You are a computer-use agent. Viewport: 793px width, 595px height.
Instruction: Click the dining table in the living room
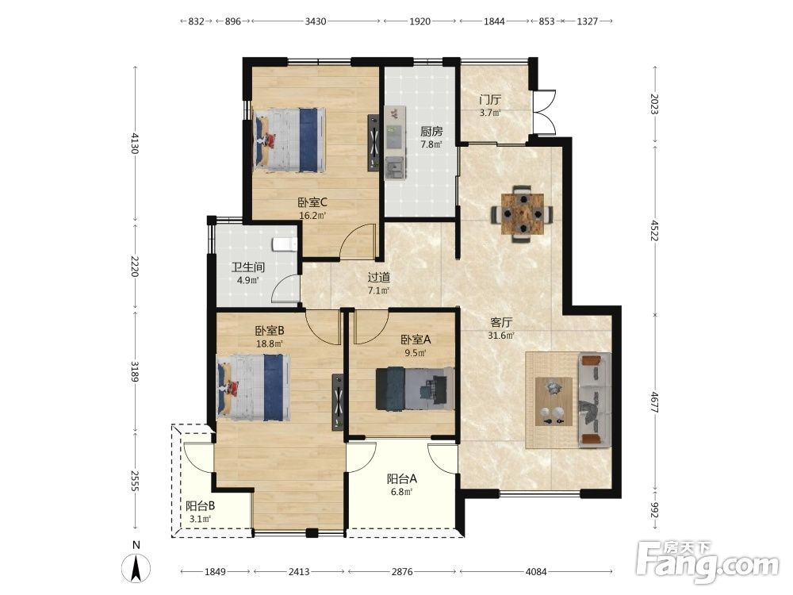pos(523,214)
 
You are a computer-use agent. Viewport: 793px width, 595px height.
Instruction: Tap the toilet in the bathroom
pos(284,244)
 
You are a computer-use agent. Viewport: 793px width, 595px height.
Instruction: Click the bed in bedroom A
pos(415,388)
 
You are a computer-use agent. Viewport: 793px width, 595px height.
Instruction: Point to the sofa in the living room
pos(594,400)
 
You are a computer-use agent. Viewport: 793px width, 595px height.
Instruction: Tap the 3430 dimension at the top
pos(315,21)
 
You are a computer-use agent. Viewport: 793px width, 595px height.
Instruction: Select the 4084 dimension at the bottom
pos(536,572)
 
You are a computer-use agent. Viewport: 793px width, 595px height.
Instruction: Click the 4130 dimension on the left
pos(135,143)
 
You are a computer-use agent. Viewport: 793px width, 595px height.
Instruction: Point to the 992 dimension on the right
pos(655,510)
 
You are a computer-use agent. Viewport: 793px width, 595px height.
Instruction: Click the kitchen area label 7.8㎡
pos(431,144)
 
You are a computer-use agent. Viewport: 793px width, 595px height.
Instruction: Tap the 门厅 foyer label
pos(490,100)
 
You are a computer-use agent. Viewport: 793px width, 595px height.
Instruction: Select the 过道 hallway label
pos(379,277)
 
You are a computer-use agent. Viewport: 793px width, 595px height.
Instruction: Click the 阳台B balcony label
pos(201,505)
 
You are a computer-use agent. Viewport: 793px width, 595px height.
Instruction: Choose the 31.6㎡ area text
pos(501,336)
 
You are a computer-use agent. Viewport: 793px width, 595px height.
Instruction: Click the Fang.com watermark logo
pos(708,561)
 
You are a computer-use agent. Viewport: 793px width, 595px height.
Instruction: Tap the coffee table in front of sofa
pos(554,401)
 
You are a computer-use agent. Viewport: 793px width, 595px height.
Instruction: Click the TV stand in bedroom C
pos(374,143)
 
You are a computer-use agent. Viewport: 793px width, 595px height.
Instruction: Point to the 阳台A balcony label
pos(402,478)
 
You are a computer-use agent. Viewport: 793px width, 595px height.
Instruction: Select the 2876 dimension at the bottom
pos(402,572)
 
